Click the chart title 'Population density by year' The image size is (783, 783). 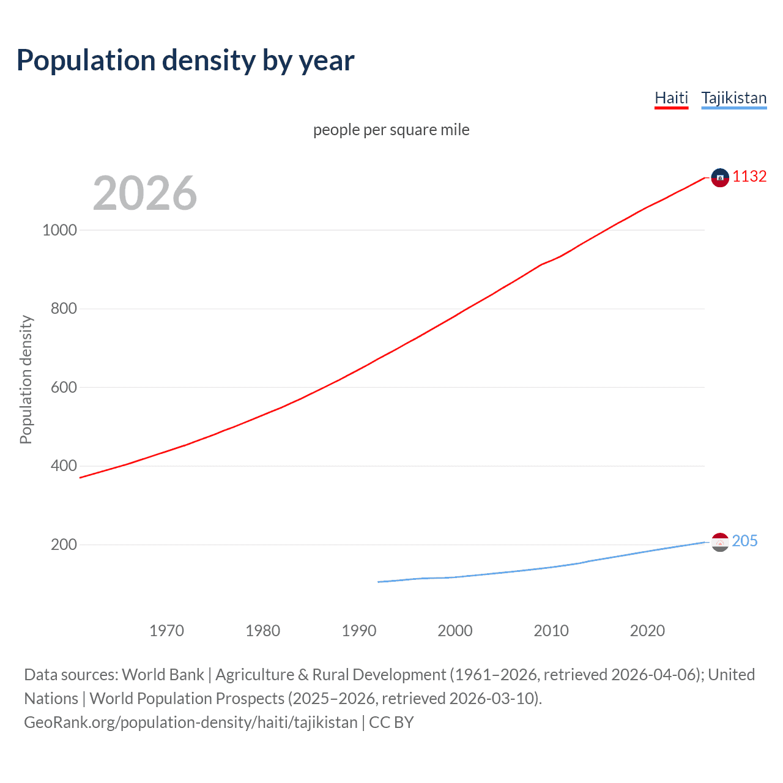185,61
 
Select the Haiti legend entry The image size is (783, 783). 671,98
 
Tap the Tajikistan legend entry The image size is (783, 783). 733,98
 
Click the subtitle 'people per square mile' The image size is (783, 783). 391,130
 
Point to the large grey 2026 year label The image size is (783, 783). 145,193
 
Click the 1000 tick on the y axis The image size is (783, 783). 60,230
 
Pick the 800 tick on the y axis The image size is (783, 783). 64,308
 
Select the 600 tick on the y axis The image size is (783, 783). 64,387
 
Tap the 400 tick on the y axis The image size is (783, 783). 64,466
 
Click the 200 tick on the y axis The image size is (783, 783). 64,544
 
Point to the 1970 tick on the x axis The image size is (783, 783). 166,631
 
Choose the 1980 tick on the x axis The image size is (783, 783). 262,631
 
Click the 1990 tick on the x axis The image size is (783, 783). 359,631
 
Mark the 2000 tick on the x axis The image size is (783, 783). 455,631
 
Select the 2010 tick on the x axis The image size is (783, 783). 551,631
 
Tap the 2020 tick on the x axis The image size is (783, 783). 647,631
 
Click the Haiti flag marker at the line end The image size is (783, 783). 720,177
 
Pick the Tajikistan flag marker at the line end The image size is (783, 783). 720,542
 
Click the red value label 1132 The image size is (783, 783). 749,176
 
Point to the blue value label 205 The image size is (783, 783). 744,541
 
